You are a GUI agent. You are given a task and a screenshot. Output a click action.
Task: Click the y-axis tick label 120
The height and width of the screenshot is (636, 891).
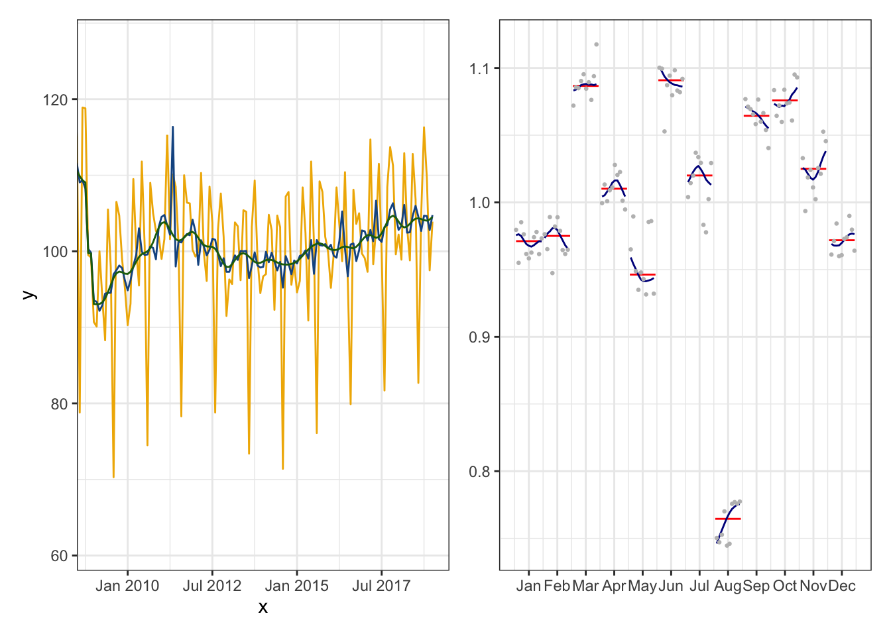click(55, 100)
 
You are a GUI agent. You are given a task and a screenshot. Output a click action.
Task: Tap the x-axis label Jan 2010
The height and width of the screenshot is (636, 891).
click(127, 586)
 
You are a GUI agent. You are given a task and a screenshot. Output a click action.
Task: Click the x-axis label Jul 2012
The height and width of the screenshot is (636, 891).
click(212, 586)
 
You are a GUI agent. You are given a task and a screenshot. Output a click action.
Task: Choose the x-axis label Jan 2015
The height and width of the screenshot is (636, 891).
click(296, 586)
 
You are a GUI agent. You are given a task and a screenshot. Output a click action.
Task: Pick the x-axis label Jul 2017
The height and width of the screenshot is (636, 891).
click(381, 586)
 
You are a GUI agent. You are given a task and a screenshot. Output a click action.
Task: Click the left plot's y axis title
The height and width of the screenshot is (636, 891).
click(28, 295)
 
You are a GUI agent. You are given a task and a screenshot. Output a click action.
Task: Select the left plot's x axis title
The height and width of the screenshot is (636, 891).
click(263, 608)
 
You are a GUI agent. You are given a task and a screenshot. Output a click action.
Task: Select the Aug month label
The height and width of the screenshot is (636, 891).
click(728, 586)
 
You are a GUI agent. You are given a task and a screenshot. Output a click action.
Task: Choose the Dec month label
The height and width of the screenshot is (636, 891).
click(842, 586)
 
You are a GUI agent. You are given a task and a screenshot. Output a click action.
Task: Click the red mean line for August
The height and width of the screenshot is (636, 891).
click(728, 519)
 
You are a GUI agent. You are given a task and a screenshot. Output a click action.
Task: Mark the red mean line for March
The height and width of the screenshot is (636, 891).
click(585, 86)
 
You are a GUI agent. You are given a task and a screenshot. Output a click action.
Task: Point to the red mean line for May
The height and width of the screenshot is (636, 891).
click(642, 274)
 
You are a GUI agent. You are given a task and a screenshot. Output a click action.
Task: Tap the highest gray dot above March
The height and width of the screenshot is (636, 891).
click(596, 44)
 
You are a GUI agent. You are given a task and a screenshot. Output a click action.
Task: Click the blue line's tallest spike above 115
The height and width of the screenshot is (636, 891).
click(172, 127)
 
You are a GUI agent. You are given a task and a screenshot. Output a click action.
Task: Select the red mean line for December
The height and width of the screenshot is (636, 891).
click(842, 240)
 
